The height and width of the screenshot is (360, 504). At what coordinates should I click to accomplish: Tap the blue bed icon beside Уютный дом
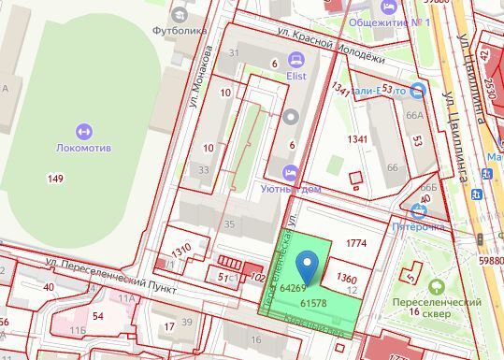290,171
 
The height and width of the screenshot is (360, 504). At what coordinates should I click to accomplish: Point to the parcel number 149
56,178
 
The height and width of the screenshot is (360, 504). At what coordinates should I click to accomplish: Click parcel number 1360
346,279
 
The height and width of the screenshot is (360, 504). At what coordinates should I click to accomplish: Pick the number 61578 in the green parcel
313,303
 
